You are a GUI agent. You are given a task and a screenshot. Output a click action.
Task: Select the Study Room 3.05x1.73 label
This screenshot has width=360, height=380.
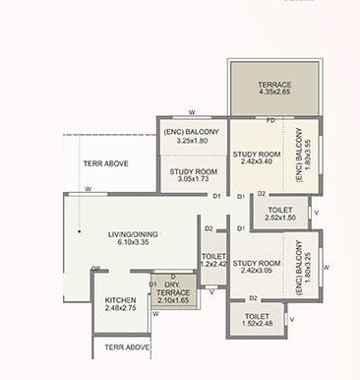[193, 175]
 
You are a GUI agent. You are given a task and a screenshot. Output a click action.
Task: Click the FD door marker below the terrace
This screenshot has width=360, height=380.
[270, 120]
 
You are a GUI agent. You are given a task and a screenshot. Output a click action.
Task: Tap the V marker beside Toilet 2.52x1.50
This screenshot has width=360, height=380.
[313, 213]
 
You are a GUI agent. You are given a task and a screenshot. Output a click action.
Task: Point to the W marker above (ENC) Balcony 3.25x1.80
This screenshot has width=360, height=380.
[192, 112]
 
